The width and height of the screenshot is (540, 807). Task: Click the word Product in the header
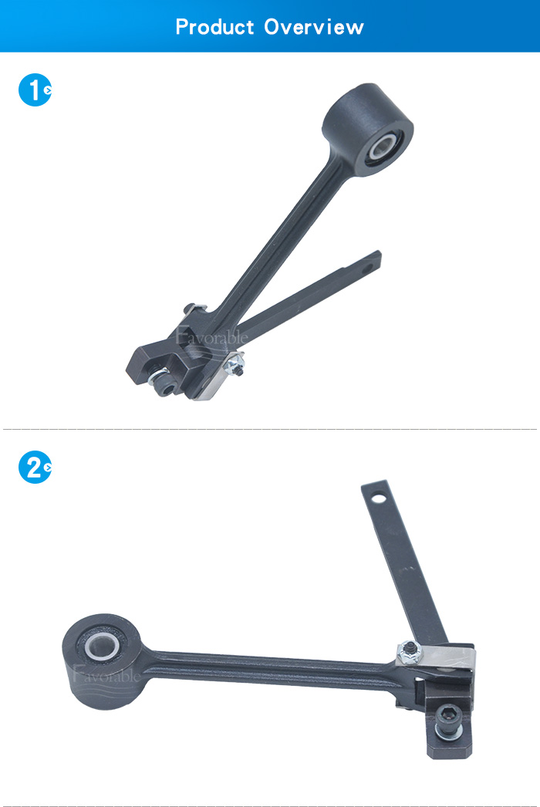coord(215,27)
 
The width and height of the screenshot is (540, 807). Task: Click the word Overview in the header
coord(314,27)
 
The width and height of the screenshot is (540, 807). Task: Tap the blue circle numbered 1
coord(35,90)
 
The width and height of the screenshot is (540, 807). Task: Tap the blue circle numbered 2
coord(35,468)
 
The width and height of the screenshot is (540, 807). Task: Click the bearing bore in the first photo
coord(383,147)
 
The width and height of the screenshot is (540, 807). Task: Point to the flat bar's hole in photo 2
coord(378,498)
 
